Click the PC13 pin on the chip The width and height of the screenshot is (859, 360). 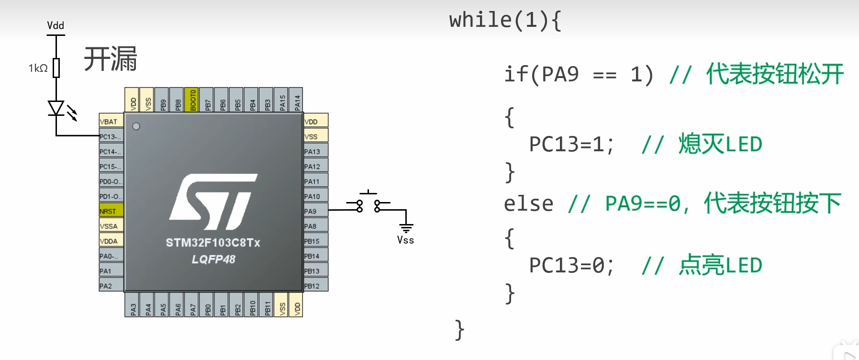(111, 137)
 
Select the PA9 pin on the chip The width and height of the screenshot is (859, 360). (316, 211)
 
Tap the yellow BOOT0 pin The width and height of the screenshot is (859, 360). (192, 100)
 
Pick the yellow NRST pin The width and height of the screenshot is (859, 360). (111, 211)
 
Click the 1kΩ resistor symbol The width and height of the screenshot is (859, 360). (56, 68)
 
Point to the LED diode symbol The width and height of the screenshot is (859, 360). (56, 108)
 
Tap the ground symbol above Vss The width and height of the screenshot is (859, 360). (406, 227)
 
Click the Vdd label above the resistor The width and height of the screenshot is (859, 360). (56, 25)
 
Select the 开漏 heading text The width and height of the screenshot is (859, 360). (111, 59)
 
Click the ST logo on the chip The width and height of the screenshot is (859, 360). (213, 201)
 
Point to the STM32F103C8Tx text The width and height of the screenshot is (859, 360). (213, 243)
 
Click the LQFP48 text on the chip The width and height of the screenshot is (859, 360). (213, 259)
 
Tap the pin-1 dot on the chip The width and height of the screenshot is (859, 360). (136, 126)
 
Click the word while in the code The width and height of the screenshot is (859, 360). (480, 20)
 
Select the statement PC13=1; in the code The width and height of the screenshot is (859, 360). (571, 144)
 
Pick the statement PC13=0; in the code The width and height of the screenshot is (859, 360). (571, 265)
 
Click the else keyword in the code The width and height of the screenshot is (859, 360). (528, 204)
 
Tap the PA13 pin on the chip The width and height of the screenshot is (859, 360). (316, 151)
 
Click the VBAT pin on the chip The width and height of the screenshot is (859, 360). (111, 122)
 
